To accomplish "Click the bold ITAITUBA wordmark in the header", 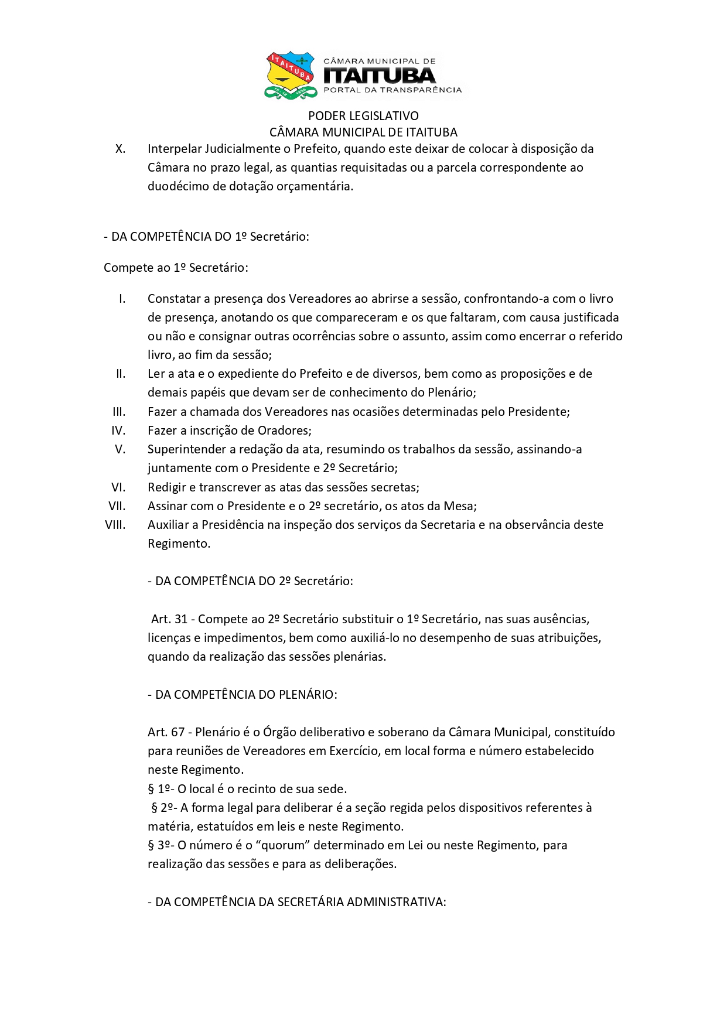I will (380, 76).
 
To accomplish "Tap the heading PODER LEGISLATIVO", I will (363, 116).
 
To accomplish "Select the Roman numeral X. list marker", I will (120, 149).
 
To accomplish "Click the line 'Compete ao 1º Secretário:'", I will (176, 268).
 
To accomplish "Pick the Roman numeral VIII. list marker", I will (115, 525).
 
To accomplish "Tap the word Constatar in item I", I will (174, 299).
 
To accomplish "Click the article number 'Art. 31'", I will (169, 619).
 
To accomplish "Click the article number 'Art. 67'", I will (166, 732).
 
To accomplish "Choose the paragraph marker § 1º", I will (159, 789).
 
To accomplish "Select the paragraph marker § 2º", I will (162, 808).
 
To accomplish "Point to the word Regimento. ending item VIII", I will (179, 544).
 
